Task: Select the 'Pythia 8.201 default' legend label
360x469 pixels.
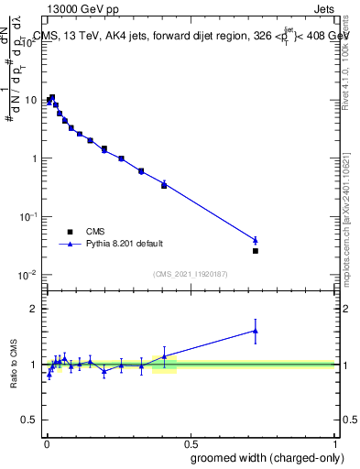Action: [x=125, y=244]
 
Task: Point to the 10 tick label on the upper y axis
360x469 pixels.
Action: [x=31, y=99]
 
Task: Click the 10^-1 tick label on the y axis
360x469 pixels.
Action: [x=29, y=216]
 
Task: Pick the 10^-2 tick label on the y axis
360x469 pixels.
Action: [x=29, y=275]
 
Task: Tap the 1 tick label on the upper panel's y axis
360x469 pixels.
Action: [x=35, y=158]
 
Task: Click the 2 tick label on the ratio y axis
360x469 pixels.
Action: [x=35, y=309]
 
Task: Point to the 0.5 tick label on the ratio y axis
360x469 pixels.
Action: [x=30, y=420]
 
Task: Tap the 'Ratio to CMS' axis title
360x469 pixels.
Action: [x=14, y=365]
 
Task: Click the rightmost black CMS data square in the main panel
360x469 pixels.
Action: [x=256, y=251]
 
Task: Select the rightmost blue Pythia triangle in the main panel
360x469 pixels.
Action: [x=256, y=240]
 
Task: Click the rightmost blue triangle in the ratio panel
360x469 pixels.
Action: [x=256, y=331]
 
